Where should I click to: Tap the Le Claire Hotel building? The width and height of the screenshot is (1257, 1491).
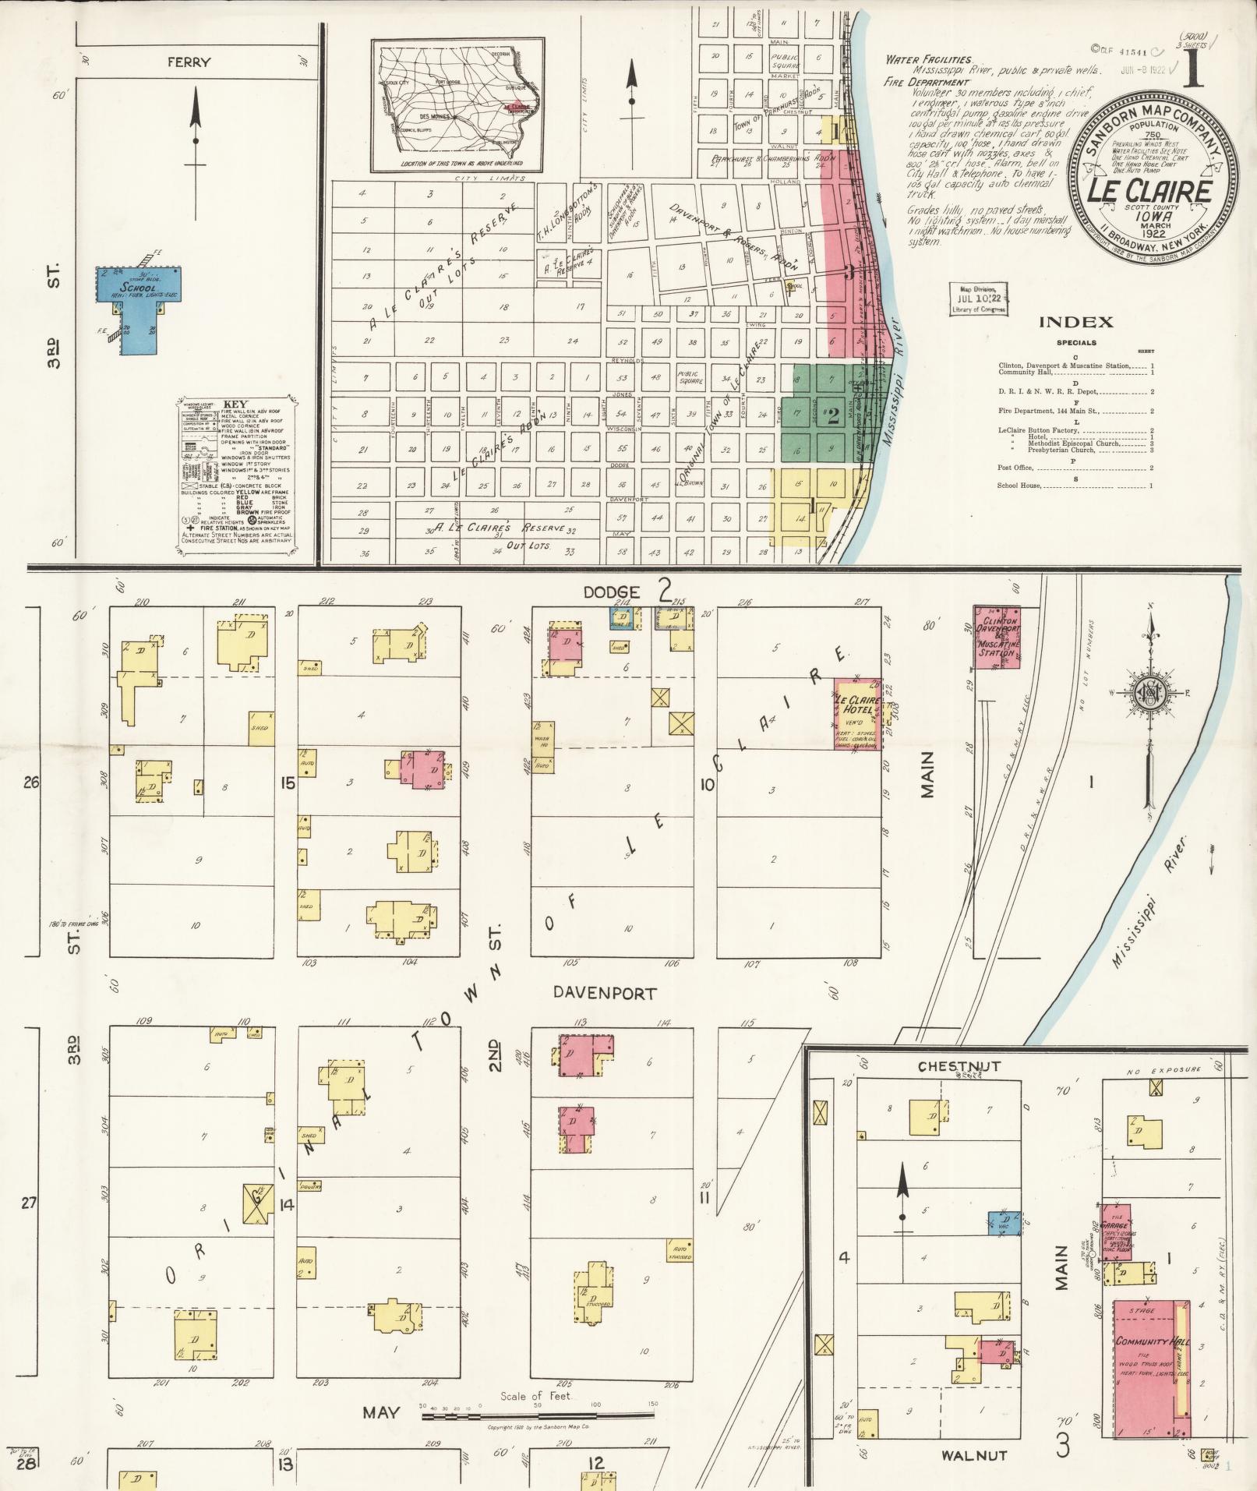click(x=857, y=713)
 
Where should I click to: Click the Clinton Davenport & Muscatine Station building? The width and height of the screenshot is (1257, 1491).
click(x=997, y=637)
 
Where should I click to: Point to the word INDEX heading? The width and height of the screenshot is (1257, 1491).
click(x=1075, y=322)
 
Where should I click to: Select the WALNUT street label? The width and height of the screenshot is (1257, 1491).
click(x=974, y=1455)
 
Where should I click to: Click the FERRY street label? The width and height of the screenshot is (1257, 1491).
click(x=189, y=62)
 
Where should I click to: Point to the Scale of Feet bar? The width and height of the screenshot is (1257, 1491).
click(x=538, y=1415)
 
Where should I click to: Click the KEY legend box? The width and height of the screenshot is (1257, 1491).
click(x=235, y=477)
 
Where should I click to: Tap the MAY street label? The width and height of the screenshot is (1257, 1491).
click(x=381, y=1413)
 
